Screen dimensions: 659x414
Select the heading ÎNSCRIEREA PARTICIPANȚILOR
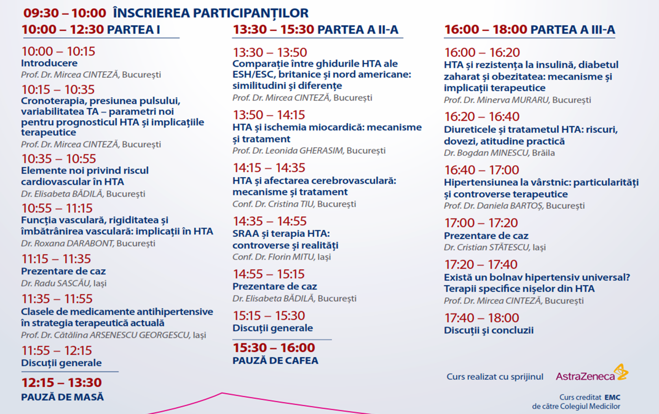pyautogui.click(x=210, y=13)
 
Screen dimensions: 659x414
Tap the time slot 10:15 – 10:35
pyautogui.click(x=58, y=89)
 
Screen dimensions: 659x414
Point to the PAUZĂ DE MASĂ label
pyautogui.click(x=63, y=397)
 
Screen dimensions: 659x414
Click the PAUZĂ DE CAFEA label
pyautogui.click(x=275, y=360)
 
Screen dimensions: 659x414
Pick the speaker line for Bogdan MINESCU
pyautogui.click(x=499, y=153)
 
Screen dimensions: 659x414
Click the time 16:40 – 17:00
pyautogui.click(x=482, y=170)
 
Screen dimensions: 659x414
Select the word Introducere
pyautogui.click(x=49, y=63)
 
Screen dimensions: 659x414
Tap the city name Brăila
pyautogui.click(x=543, y=153)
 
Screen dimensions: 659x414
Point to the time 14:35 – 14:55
pyautogui.click(x=270, y=221)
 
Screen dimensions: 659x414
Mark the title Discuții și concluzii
pyautogui.click(x=489, y=330)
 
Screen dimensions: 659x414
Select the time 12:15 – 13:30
pyautogui.click(x=61, y=382)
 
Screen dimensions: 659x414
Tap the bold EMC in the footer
pyautogui.click(x=612, y=397)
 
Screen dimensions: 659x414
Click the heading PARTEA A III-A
pyautogui.click(x=572, y=30)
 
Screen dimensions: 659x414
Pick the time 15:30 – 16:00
pyautogui.click(x=274, y=348)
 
